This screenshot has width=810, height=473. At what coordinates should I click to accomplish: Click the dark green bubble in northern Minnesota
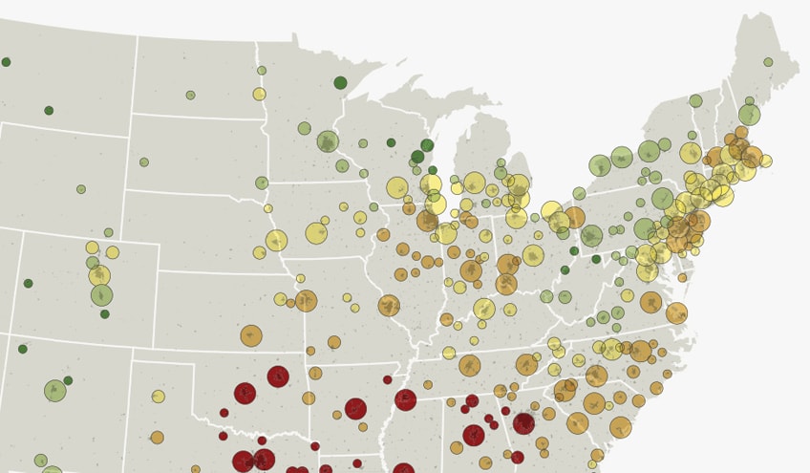(x=340, y=83)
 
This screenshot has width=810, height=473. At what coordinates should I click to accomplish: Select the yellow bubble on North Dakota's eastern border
(x=259, y=94)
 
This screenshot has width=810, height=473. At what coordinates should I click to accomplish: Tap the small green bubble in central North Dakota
(x=190, y=95)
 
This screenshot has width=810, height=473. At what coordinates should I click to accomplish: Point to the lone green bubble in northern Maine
(x=768, y=62)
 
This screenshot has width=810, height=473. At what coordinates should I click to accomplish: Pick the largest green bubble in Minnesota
(x=328, y=142)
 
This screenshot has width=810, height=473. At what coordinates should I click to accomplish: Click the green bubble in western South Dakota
(x=144, y=162)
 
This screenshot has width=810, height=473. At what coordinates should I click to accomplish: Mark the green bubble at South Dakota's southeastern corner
(x=262, y=183)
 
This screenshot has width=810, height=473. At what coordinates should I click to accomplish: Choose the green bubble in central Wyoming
(x=81, y=189)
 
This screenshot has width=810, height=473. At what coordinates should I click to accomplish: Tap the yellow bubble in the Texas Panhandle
(x=159, y=397)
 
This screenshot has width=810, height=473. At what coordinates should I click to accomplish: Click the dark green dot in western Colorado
(x=29, y=283)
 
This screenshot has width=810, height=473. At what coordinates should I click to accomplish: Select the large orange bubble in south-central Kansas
(x=251, y=335)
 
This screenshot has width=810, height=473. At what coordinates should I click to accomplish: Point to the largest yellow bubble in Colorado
(x=99, y=276)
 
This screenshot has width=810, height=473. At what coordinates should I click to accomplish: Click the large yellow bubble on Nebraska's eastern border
(x=276, y=241)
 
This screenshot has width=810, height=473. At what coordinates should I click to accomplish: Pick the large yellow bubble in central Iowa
(x=316, y=233)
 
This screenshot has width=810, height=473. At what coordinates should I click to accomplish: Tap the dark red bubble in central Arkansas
(x=355, y=409)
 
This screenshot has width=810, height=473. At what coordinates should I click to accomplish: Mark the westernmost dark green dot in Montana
(x=6, y=62)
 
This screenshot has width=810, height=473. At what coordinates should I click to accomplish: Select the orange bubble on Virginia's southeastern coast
(x=676, y=313)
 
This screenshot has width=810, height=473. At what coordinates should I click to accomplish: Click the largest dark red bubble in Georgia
(x=523, y=423)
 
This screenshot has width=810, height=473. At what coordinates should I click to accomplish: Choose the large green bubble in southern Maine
(x=749, y=115)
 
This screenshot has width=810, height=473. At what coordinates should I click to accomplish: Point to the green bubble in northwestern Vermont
(x=695, y=101)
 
